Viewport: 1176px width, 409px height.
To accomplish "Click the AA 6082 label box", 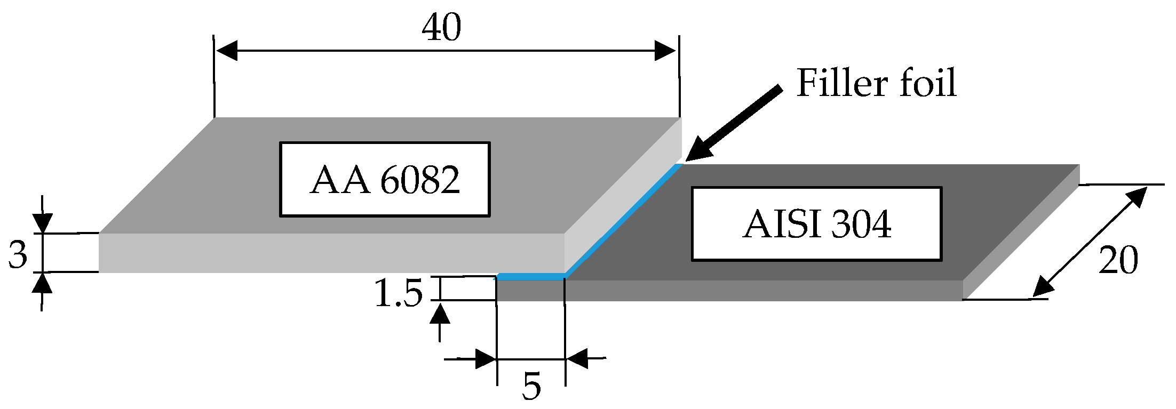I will click(385, 179).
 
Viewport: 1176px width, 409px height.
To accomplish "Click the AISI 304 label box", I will click(816, 224).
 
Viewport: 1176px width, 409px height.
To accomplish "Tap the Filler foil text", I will click(876, 83).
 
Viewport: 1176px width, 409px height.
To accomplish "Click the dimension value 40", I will click(441, 28).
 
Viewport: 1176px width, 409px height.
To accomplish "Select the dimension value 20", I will click(1118, 260).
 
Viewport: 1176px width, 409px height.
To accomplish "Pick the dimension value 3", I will click(18, 254).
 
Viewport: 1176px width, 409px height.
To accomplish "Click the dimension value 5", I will click(531, 386).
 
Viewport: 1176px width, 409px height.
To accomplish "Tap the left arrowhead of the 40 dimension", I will click(226, 51).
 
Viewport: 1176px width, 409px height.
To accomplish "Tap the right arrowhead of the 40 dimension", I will click(666, 51).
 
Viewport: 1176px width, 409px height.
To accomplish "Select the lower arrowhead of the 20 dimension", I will click(1043, 288).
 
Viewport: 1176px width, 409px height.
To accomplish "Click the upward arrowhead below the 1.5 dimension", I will click(440, 314).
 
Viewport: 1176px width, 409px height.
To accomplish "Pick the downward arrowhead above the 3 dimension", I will click(42, 223).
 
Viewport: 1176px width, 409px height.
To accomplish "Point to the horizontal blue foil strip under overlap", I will click(530, 276).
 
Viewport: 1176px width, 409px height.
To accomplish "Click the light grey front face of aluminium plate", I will click(331, 253).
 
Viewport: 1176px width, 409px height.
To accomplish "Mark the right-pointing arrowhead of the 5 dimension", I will click(486, 359).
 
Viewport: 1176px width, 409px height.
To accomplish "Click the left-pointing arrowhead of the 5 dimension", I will click(577, 358).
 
